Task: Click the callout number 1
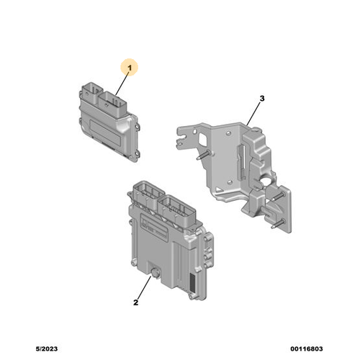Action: pos(130,68)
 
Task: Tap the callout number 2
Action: pos(136,302)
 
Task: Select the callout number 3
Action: pos(262,99)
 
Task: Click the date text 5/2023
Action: pos(47,348)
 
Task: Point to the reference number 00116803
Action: pos(307,348)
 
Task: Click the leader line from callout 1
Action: pos(122,84)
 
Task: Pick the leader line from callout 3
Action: pos(253,114)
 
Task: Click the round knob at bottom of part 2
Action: pos(156,273)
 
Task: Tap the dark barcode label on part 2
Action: pos(193,282)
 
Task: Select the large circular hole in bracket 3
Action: pos(266,180)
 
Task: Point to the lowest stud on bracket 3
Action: pos(278,224)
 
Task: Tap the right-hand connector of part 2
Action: pos(177,210)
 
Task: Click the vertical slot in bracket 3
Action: pos(241,163)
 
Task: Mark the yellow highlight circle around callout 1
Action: pos(130,67)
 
